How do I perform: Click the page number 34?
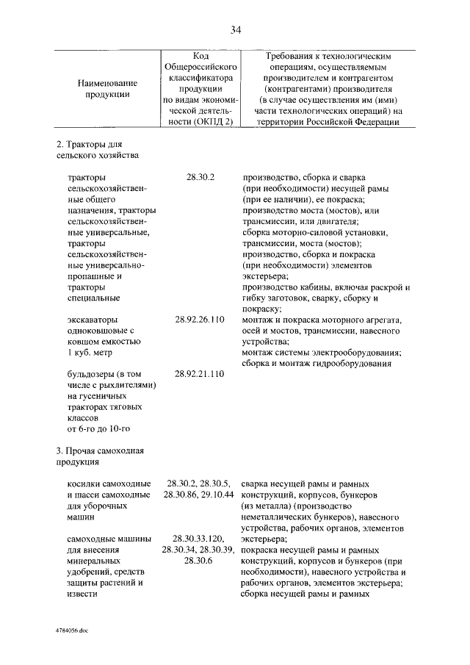[235, 29]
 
